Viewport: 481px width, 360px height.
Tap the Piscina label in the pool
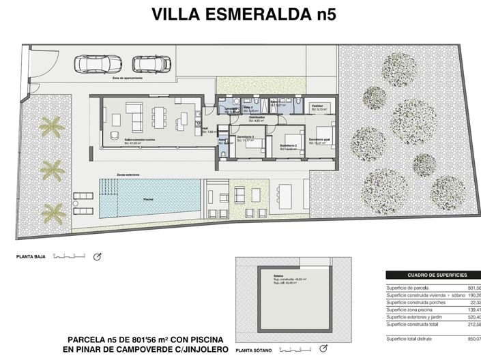(x=148, y=199)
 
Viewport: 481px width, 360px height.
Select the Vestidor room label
(x=318, y=106)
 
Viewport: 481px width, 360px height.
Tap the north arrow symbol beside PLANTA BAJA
(x=97, y=256)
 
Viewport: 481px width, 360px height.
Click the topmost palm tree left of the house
(x=50, y=125)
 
